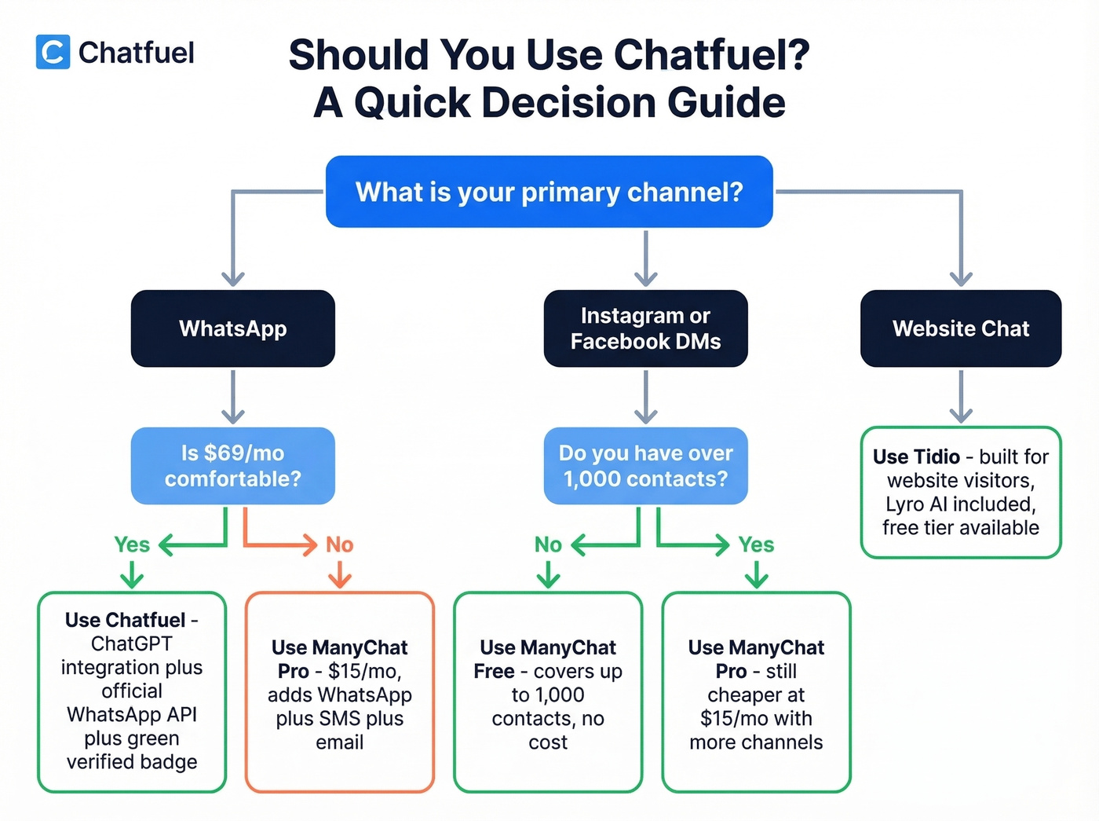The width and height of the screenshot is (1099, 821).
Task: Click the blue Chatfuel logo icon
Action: tap(53, 52)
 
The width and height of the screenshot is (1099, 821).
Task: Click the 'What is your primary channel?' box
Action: tap(549, 192)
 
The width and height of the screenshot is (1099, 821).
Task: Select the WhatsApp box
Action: tap(232, 328)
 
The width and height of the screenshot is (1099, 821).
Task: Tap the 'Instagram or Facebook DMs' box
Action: tap(645, 328)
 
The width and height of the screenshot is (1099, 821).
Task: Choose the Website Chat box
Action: tap(960, 328)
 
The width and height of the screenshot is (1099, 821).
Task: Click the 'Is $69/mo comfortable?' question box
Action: tap(232, 466)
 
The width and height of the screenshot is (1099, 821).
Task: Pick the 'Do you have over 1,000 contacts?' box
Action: tap(645, 466)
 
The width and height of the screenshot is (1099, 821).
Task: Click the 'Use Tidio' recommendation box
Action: tap(960, 493)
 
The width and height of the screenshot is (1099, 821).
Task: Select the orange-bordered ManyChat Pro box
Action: tap(339, 692)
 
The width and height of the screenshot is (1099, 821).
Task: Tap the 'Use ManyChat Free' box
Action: tap(547, 692)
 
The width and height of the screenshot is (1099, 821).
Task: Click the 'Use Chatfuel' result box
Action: tap(132, 692)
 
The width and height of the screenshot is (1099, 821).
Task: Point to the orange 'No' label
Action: tap(339, 544)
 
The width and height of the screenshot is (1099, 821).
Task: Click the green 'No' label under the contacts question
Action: tap(548, 544)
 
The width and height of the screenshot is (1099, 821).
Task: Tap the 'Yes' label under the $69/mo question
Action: tap(131, 544)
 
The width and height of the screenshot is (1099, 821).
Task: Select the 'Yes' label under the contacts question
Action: tap(756, 544)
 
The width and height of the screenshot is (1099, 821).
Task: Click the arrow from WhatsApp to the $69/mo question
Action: tap(232, 397)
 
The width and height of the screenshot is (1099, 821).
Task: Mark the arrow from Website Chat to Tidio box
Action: tap(960, 397)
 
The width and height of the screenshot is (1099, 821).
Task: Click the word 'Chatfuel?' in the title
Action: tap(711, 55)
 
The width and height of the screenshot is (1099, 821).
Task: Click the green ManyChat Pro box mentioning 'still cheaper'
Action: tap(756, 692)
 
